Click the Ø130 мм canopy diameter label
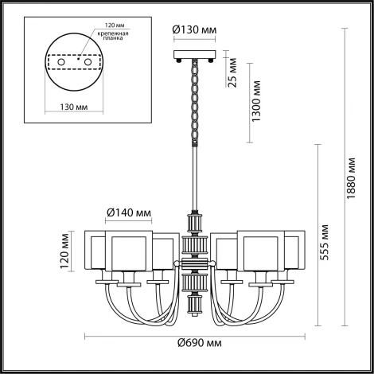tap(193, 32)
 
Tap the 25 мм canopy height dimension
tap(232, 64)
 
